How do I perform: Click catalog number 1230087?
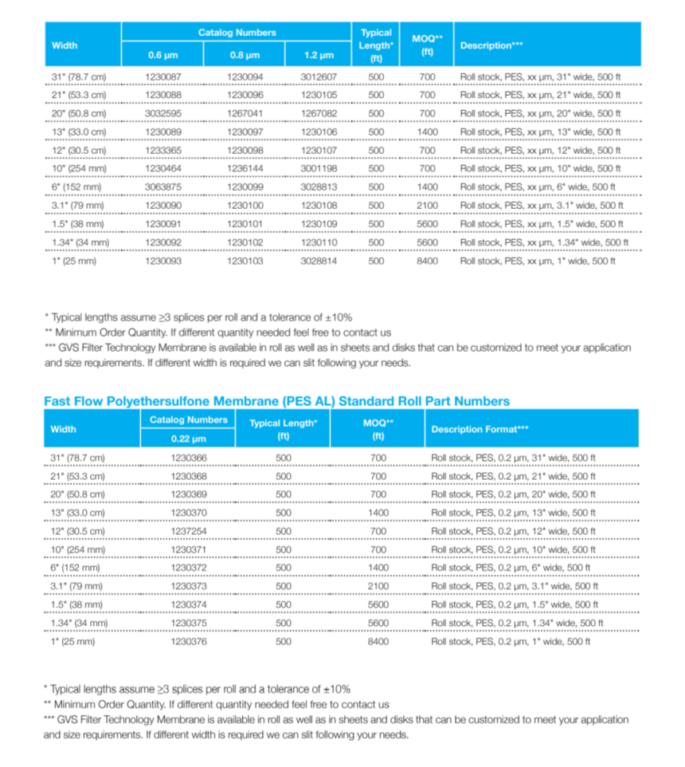click(163, 77)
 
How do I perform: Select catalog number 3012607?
click(319, 77)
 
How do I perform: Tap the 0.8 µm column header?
click(244, 55)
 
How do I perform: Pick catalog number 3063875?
click(163, 187)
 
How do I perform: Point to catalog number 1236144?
click(244, 169)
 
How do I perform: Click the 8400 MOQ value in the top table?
click(428, 261)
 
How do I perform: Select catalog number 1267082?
click(319, 114)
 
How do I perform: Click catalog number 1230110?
click(319, 242)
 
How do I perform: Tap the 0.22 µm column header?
click(188, 439)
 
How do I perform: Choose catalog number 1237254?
click(188, 531)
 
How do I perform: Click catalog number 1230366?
click(188, 458)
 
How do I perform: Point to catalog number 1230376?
click(188, 641)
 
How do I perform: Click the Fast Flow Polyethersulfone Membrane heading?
click(276, 401)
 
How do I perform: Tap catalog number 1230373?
click(188, 586)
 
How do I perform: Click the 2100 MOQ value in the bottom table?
click(378, 586)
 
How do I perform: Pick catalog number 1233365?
click(163, 151)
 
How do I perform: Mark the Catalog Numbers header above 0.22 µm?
click(188, 419)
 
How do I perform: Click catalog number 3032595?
click(163, 114)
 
